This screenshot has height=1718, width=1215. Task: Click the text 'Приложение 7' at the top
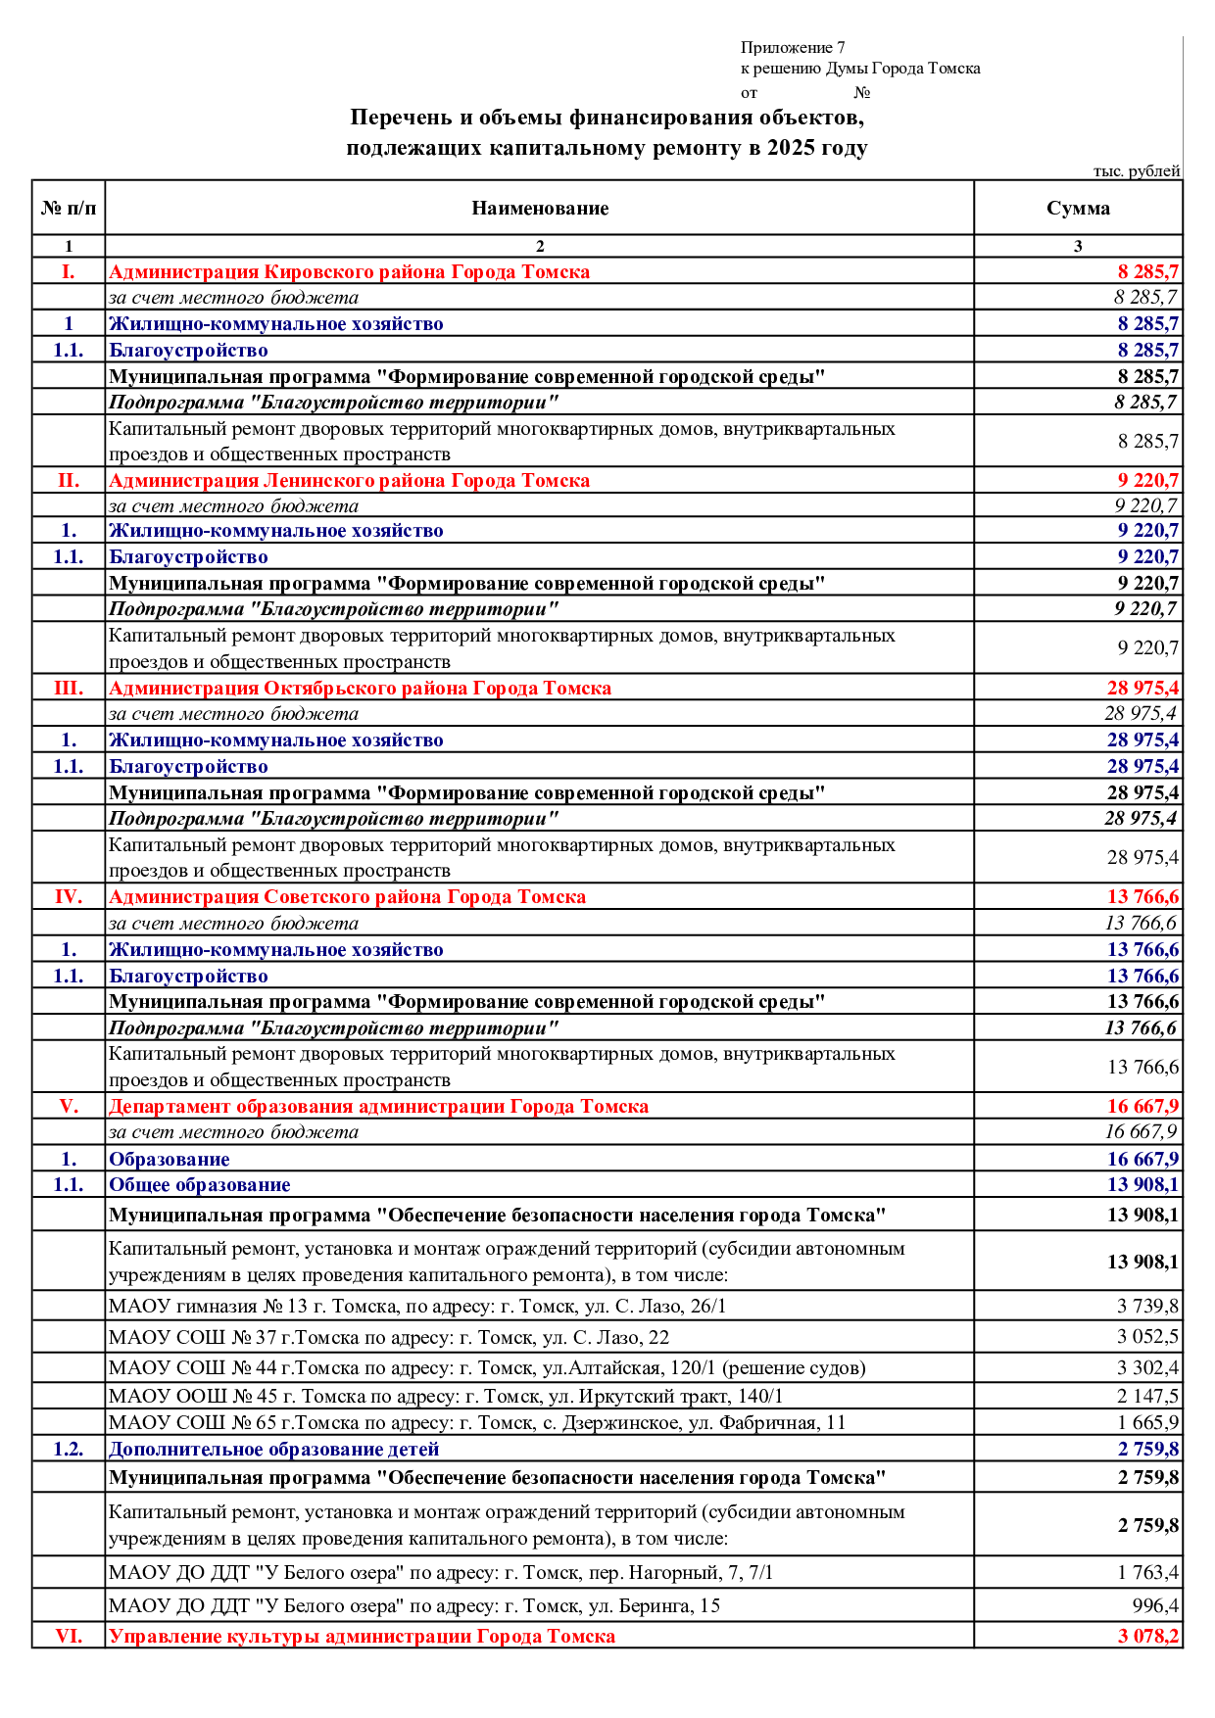coord(793,47)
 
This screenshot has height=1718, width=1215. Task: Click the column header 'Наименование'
coord(540,208)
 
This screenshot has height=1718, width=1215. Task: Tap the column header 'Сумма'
coord(1078,208)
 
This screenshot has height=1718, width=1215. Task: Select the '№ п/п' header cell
coord(69,208)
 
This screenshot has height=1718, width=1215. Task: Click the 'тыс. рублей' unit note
coord(1137,171)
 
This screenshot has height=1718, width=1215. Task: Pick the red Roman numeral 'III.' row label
coord(69,688)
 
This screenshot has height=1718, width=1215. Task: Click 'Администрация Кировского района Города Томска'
coord(349,271)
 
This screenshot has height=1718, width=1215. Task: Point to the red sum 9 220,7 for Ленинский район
coord(1147,480)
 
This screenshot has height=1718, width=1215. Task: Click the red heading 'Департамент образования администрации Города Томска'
coord(378,1106)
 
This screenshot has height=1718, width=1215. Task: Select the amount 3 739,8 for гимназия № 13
coord(1147,1306)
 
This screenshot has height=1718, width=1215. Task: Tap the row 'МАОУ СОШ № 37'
coord(389,1337)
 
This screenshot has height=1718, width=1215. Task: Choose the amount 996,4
coord(1155,1605)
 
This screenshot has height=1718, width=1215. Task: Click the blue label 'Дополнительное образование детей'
coord(273,1449)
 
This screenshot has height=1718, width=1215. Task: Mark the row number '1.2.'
coord(69,1449)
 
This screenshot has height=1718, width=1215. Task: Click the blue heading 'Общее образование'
coord(199,1184)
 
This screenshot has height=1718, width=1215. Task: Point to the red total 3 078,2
coord(1147,1636)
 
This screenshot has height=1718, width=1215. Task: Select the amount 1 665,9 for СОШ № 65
coord(1147,1422)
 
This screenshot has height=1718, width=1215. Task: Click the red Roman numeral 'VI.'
coord(69,1636)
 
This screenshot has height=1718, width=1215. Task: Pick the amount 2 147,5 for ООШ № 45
coord(1147,1396)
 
